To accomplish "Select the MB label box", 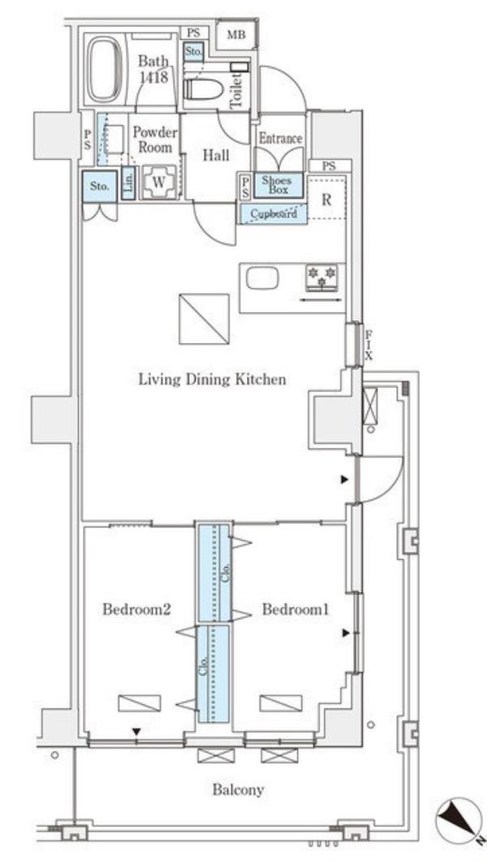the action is point(236,35).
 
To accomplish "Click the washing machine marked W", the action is point(158,183).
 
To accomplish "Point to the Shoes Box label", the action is point(278,185).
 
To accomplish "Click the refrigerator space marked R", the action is point(326,199).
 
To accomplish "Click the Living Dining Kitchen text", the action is point(212,379).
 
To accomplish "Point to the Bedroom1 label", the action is point(295,609).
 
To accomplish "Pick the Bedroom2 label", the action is point(137,609).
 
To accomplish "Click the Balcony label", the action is point(239,790).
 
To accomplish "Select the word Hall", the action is point(217,155).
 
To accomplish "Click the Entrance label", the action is point(281,139).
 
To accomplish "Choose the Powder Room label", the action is point(155,141).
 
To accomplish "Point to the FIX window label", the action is point(369,344).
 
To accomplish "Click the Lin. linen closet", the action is point(128,183).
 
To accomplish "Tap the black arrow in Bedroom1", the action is point(345,634).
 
